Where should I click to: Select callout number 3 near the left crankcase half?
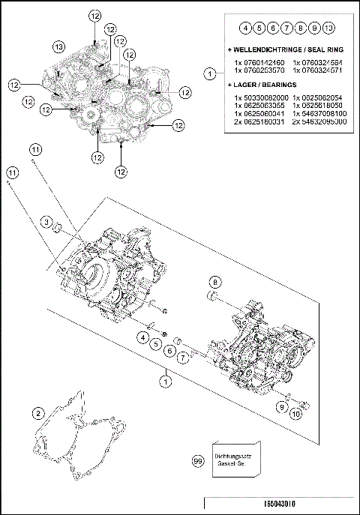46,222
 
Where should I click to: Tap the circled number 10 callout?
296,412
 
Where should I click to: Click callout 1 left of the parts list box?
211,73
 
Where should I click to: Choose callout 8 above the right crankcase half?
215,281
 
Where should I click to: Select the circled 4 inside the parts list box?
245,28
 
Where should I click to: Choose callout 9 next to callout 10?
280,406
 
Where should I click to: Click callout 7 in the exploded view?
182,358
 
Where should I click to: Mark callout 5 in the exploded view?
155,344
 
